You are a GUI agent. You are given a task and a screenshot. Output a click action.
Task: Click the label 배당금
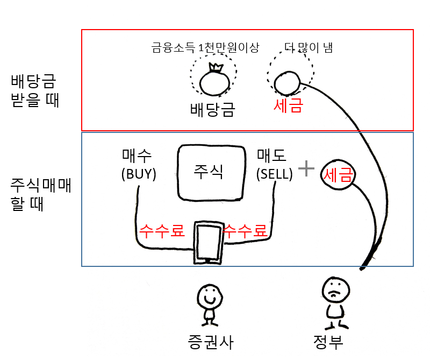tap(213, 109)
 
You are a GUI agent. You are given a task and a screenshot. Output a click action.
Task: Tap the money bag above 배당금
tap(213, 82)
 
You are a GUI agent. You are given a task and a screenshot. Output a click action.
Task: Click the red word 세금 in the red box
tap(288, 105)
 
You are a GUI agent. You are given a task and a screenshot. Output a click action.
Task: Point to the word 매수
tap(137, 156)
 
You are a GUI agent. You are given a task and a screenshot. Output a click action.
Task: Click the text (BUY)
tap(138, 174)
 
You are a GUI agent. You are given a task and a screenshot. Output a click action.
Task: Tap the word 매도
tap(272, 156)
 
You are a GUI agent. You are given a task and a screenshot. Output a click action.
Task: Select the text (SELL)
tap(274, 174)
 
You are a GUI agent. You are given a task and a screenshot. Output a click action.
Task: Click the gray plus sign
tap(306, 169)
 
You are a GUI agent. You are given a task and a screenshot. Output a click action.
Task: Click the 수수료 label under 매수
tap(162, 231)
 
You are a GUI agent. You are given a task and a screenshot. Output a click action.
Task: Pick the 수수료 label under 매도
tap(245, 231)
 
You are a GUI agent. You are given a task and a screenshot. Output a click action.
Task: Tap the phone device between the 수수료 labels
tap(207, 242)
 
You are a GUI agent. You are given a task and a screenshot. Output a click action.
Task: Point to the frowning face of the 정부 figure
tap(333, 291)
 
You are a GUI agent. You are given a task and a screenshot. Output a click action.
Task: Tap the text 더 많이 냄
tap(307, 48)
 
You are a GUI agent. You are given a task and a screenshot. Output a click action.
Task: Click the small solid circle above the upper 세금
tap(286, 83)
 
